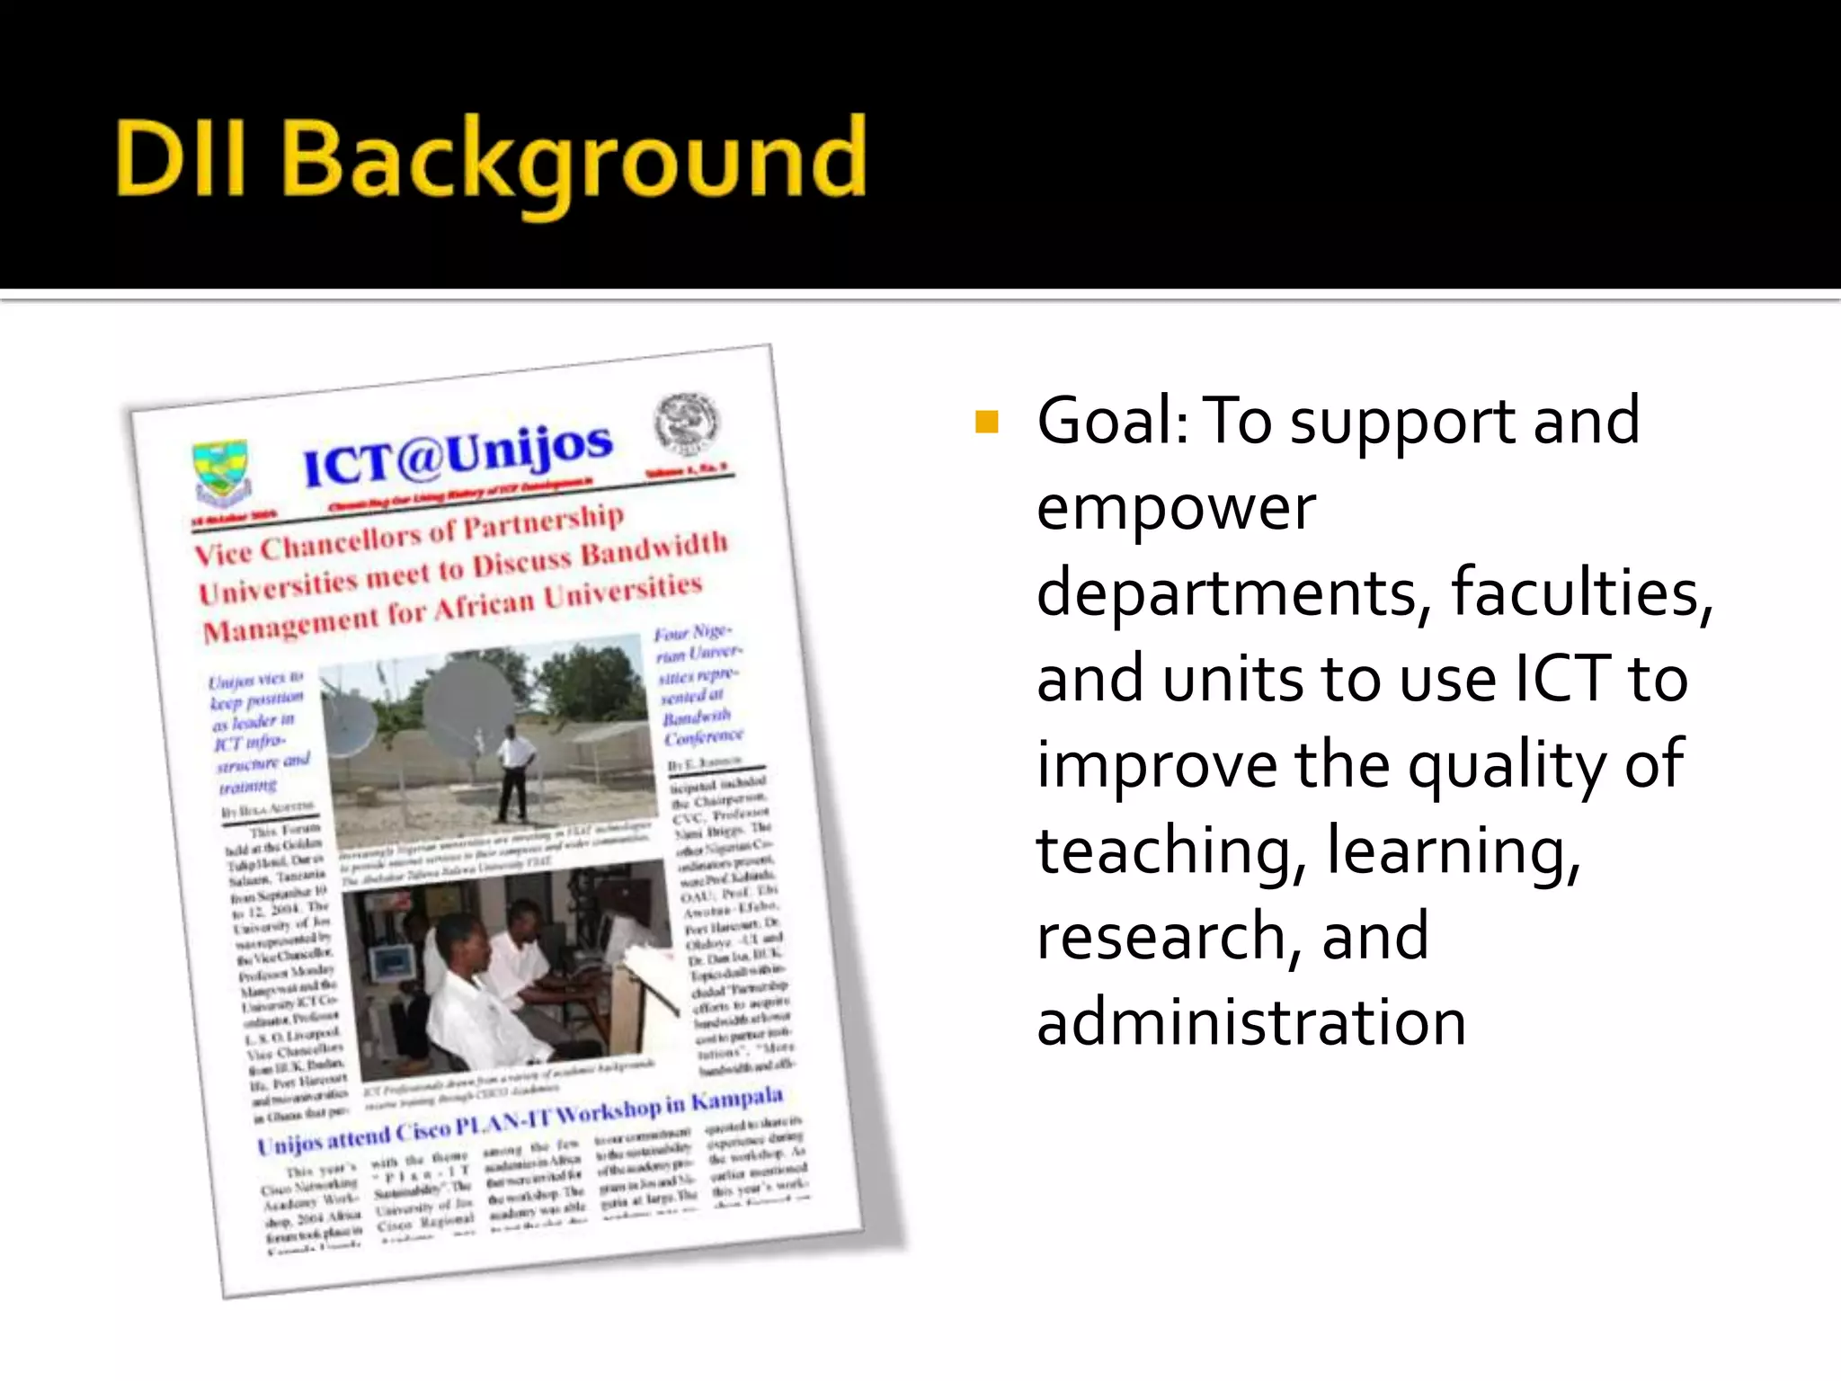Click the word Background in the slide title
[x=575, y=162]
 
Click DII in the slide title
[x=180, y=160]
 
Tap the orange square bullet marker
[x=987, y=422]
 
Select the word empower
[x=1176, y=509]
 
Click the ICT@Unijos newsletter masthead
[x=458, y=454]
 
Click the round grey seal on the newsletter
[x=686, y=423]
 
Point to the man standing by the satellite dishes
[x=515, y=771]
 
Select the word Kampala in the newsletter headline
[x=737, y=1100]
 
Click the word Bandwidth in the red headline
[x=654, y=549]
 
